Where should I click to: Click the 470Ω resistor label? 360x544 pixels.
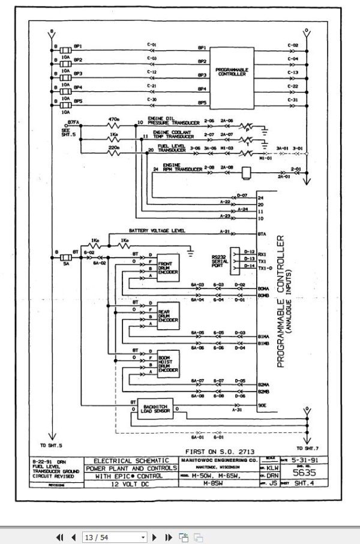(113, 119)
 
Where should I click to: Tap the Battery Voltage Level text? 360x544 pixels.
(158, 231)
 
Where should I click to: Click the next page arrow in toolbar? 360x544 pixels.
(154, 537)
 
